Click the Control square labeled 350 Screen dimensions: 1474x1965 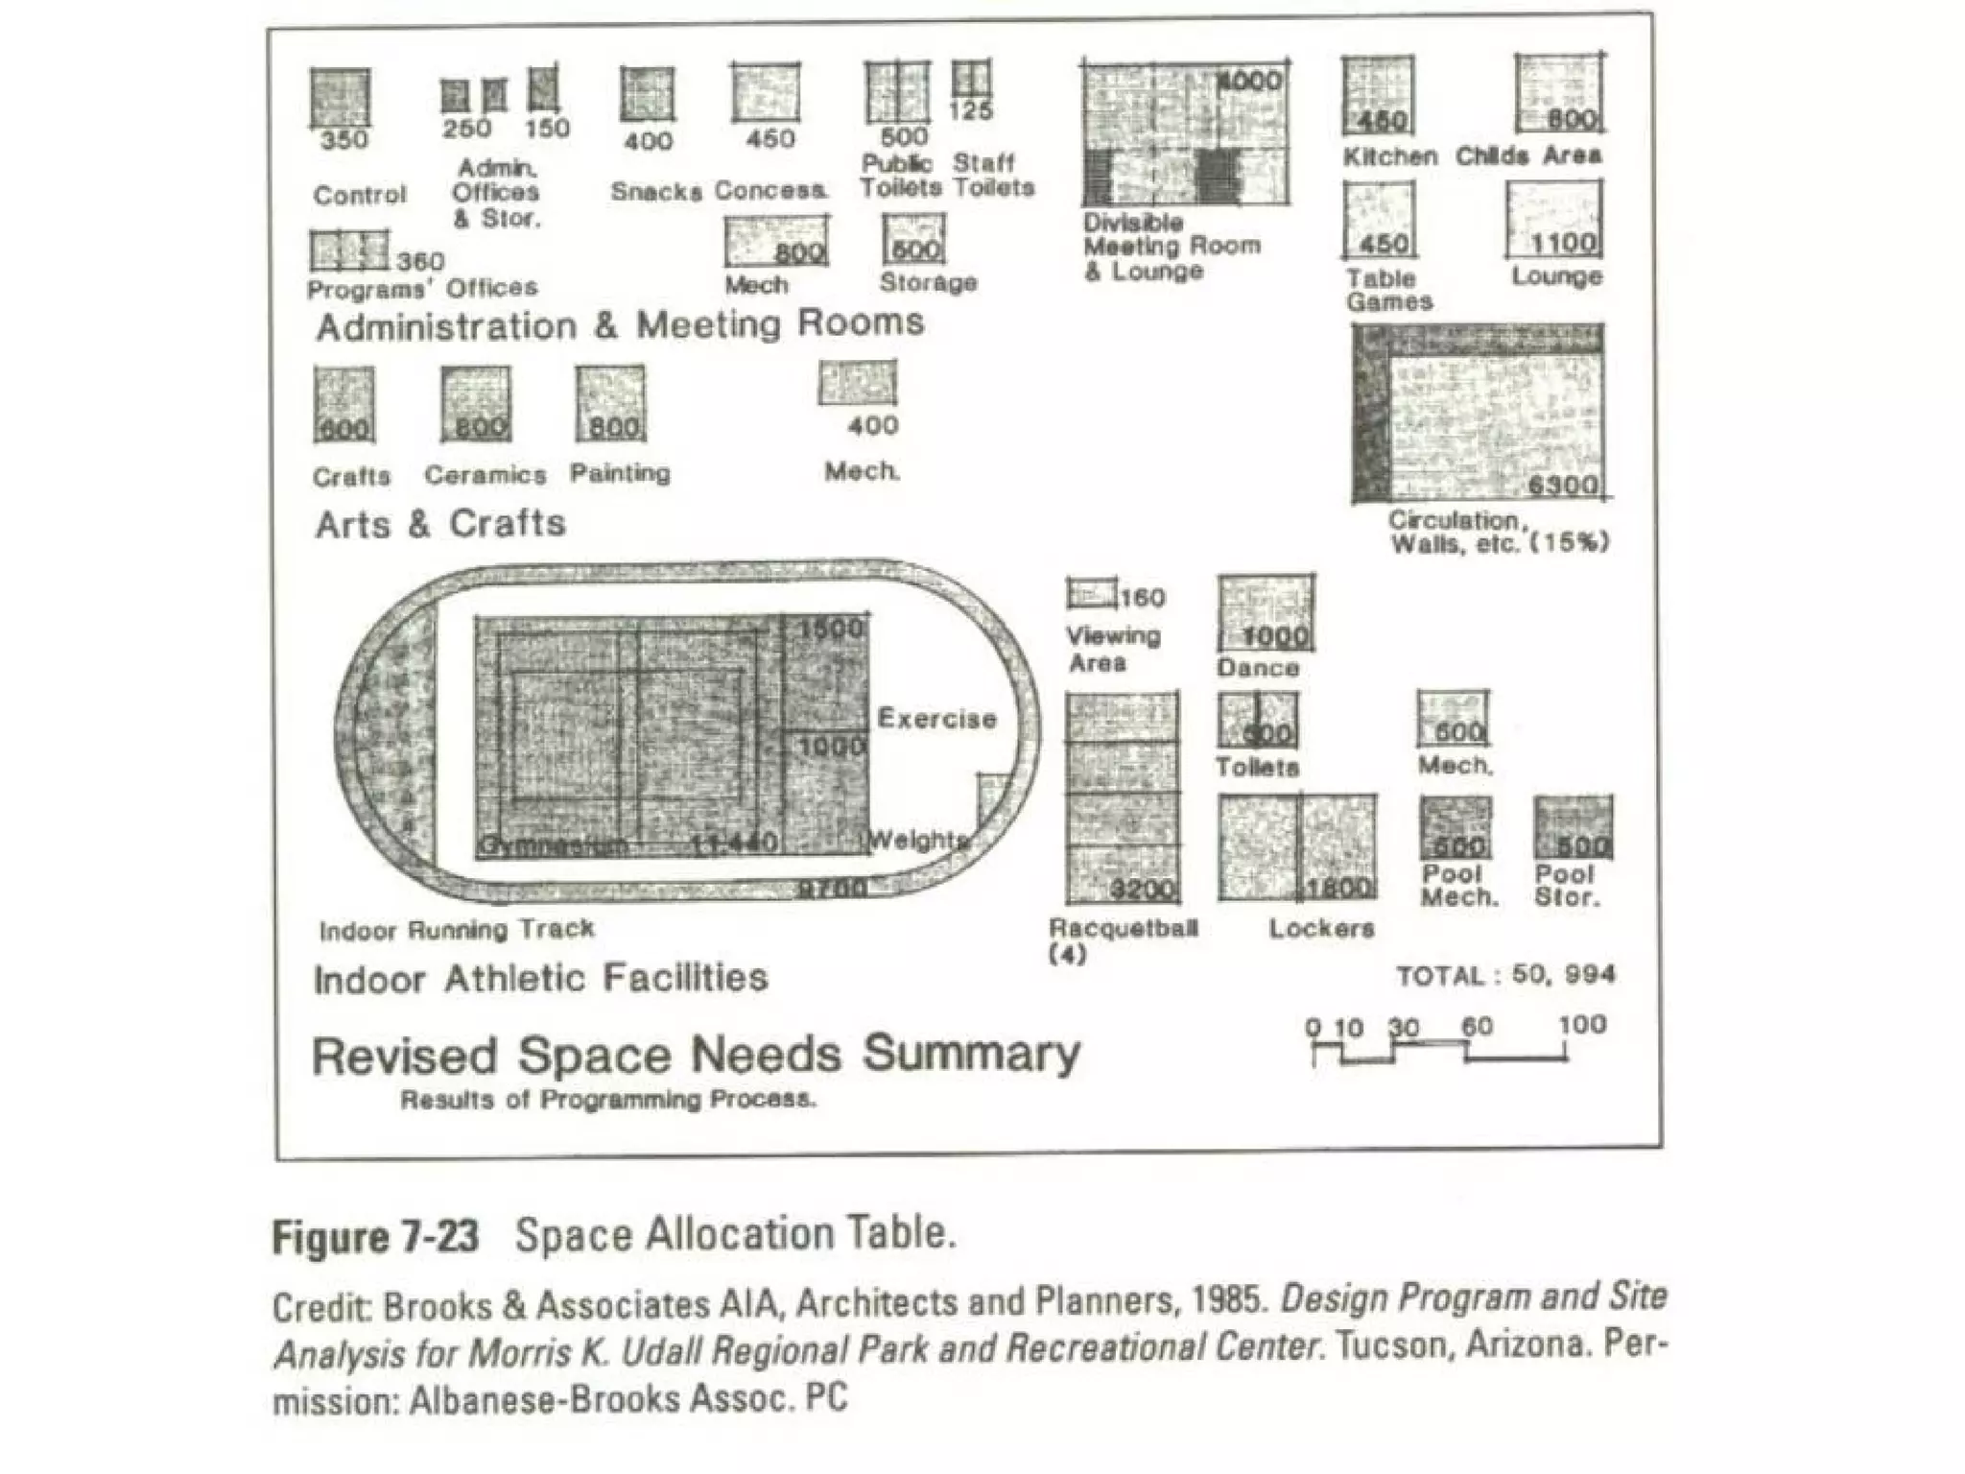(341, 98)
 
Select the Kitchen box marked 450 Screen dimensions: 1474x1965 (1378, 95)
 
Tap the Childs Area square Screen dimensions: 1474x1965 (1559, 93)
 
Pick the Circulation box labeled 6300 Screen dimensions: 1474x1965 (1479, 414)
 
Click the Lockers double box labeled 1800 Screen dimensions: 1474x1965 (1297, 847)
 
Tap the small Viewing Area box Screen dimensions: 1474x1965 (1092, 594)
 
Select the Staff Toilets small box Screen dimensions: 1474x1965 (971, 79)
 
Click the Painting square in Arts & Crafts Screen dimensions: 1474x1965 (610, 404)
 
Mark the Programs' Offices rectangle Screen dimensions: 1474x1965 (349, 250)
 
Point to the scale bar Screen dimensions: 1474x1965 (1439, 1051)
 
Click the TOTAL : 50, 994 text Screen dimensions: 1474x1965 (1505, 976)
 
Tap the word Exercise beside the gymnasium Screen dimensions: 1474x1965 (936, 719)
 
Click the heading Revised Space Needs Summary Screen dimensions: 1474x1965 (696, 1055)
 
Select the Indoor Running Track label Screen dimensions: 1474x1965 (457, 930)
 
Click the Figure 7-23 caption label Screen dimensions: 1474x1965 (375, 1236)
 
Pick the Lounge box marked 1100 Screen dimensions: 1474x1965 (1553, 220)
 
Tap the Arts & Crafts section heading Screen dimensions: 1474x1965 (440, 524)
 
